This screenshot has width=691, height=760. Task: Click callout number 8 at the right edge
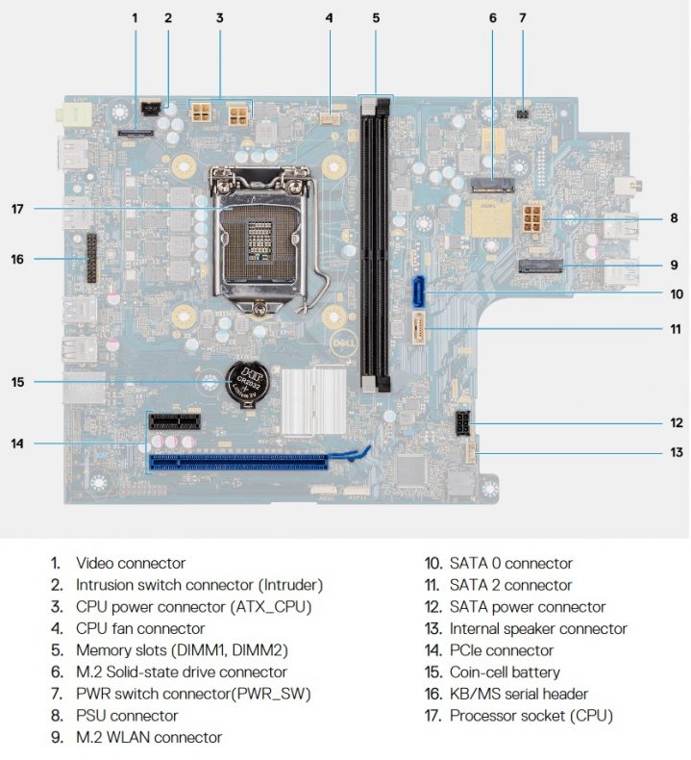[x=674, y=218]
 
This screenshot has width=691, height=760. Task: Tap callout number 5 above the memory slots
[x=376, y=17]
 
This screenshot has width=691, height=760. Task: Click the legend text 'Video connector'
[x=131, y=563]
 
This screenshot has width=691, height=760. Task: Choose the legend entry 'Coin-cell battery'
[x=505, y=671]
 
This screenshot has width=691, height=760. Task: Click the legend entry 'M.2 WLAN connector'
[x=149, y=737]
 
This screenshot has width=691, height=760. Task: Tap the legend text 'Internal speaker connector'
[x=537, y=628]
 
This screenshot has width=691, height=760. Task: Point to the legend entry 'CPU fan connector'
[x=140, y=628]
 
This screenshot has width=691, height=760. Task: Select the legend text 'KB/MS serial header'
[x=518, y=694]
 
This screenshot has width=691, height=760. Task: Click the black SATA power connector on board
[x=463, y=423]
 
